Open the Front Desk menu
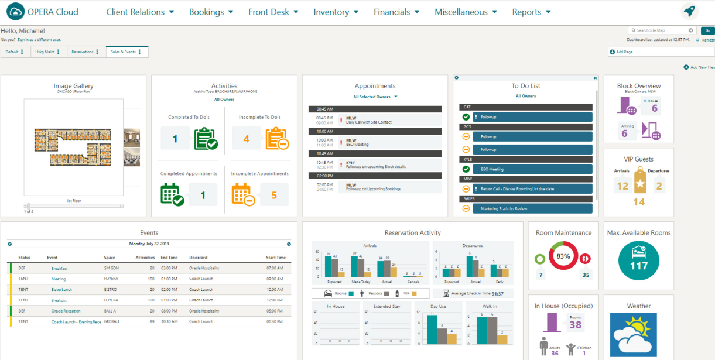point(273,12)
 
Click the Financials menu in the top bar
point(396,12)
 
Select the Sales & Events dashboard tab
point(123,52)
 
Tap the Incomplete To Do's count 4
point(247,139)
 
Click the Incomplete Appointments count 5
point(274,195)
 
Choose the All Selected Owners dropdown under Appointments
point(375,97)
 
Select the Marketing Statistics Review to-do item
point(504,208)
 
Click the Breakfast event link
point(59,268)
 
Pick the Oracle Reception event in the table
point(66,311)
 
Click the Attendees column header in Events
point(145,258)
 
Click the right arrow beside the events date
point(289,244)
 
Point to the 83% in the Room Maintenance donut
point(563,256)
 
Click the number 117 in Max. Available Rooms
point(638,266)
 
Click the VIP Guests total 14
point(639,202)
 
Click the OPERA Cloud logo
point(44,12)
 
